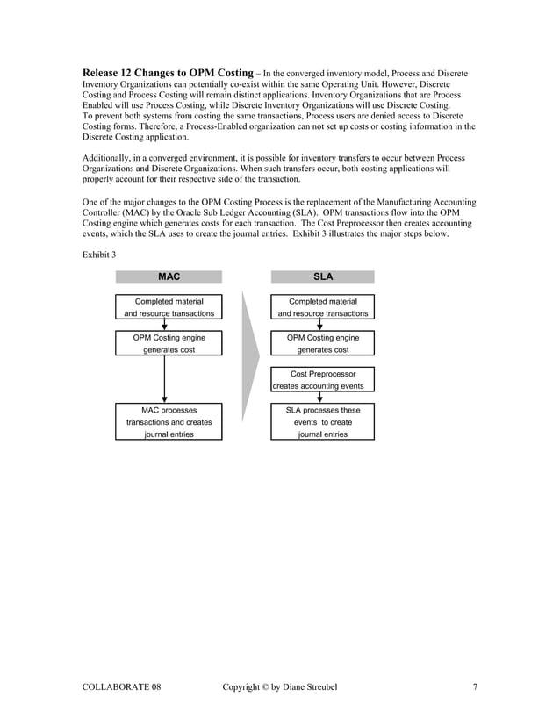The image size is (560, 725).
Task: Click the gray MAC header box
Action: pyautogui.click(x=169, y=276)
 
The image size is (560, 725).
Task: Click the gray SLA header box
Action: pyautogui.click(x=322, y=276)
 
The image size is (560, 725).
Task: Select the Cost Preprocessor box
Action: pyautogui.click(x=322, y=379)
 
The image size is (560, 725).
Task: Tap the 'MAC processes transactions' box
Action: pyautogui.click(x=169, y=421)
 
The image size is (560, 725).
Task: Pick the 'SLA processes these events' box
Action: pyautogui.click(x=322, y=421)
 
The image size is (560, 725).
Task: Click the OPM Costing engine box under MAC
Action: pyautogui.click(x=169, y=343)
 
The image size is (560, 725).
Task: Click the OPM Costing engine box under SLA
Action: pyautogui.click(x=322, y=343)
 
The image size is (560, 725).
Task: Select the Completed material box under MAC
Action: pyautogui.click(x=169, y=306)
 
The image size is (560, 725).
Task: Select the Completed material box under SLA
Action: pyautogui.click(x=322, y=306)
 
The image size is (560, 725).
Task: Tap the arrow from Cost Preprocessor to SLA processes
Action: pyautogui.click(x=319, y=398)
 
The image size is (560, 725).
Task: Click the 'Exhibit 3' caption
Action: pyautogui.click(x=99, y=254)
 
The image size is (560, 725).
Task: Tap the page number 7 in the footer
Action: pyautogui.click(x=475, y=686)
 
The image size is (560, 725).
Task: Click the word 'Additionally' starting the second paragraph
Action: pyautogui.click(x=107, y=158)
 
